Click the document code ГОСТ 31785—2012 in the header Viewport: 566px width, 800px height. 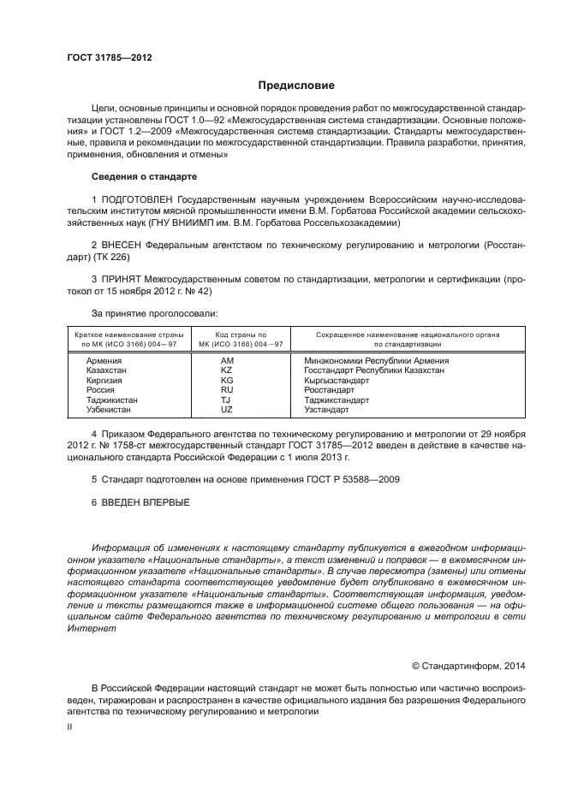tap(109, 59)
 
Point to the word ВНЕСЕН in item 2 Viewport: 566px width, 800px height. tap(124, 245)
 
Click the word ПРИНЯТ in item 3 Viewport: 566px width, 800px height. tap(123, 280)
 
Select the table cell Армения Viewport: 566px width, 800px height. tap(104, 360)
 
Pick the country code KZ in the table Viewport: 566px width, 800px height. tap(227, 370)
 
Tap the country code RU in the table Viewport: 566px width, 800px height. tap(227, 390)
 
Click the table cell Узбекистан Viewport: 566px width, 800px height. tap(111, 410)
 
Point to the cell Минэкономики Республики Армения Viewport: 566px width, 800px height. tap(376, 360)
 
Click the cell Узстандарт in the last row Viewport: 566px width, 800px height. tap(327, 410)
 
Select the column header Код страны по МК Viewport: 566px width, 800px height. tap(233, 339)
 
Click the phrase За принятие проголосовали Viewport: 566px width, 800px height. tap(154, 314)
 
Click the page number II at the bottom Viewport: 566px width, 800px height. tap(70, 726)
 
